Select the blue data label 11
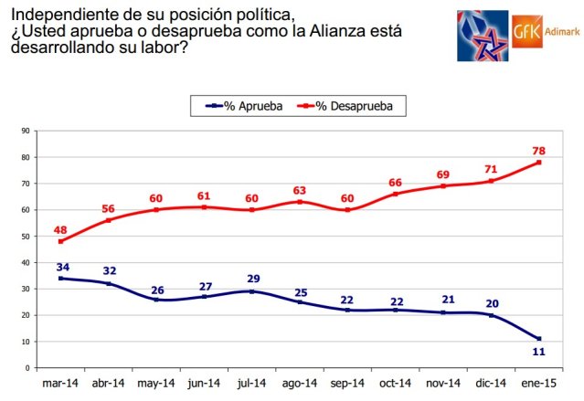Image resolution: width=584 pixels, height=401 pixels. pyautogui.click(x=538, y=352)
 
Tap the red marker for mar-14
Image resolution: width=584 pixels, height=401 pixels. pyautogui.click(x=61, y=241)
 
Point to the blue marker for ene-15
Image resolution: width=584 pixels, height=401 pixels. pyautogui.click(x=538, y=339)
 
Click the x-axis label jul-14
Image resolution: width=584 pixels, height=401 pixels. pyautogui.click(x=251, y=384)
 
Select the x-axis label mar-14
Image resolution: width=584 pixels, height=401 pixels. pyautogui.click(x=60, y=384)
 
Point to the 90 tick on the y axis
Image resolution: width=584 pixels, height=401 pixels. pyautogui.click(x=29, y=131)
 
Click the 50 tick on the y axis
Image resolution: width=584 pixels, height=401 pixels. pyautogui.click(x=29, y=236)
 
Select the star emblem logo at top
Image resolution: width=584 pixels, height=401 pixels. pyautogui.click(x=483, y=35)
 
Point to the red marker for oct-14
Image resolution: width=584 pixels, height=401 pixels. pyautogui.click(x=395, y=194)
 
